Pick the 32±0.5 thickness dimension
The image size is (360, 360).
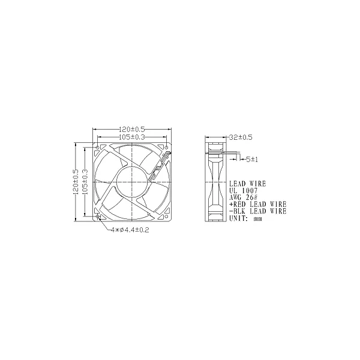tap(241, 137)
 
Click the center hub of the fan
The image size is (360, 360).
tap(132, 182)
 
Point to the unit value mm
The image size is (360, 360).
tap(258, 219)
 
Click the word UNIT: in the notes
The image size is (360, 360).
tap(240, 219)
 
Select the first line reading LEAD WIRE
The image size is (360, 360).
tap(247, 184)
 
